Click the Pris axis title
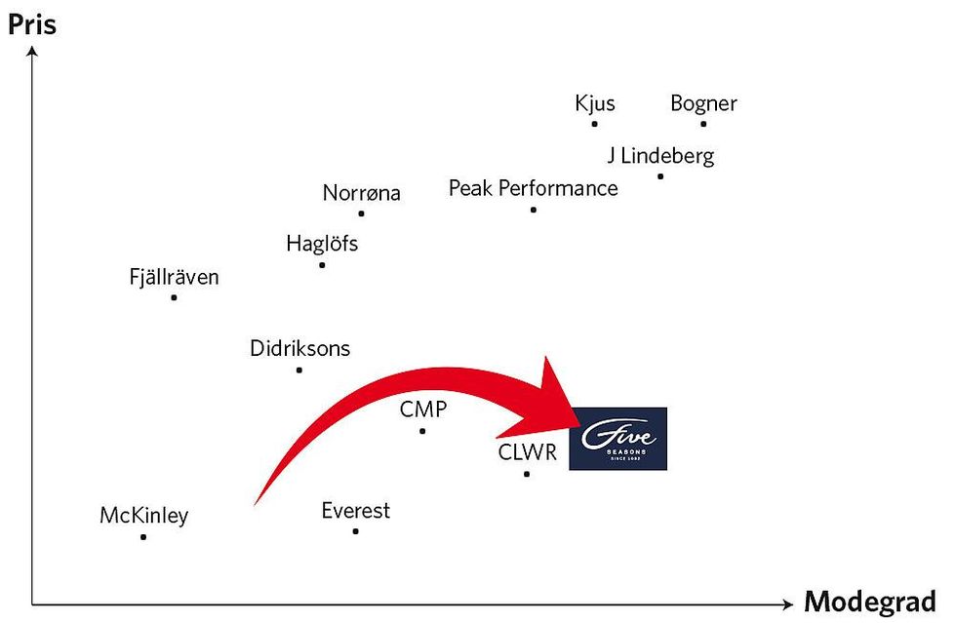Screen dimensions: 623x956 32,23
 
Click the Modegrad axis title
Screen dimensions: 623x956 869,602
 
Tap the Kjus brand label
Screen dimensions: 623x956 595,103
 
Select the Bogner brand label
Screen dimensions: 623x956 703,103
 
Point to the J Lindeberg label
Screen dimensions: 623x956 660,155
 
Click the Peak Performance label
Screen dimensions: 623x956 533,188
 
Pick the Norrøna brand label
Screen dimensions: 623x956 361,193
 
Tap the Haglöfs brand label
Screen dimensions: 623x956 322,244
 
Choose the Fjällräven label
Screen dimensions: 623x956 174,277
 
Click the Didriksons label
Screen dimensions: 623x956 299,348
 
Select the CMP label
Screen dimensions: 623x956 422,409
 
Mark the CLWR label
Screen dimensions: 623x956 526,452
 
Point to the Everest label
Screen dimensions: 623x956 355,510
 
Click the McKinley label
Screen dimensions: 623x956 143,516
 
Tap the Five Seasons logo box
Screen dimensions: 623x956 617,439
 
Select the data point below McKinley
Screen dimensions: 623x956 143,536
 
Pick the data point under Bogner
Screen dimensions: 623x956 703,124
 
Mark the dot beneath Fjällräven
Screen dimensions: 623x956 174,297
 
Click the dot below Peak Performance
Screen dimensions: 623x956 533,210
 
